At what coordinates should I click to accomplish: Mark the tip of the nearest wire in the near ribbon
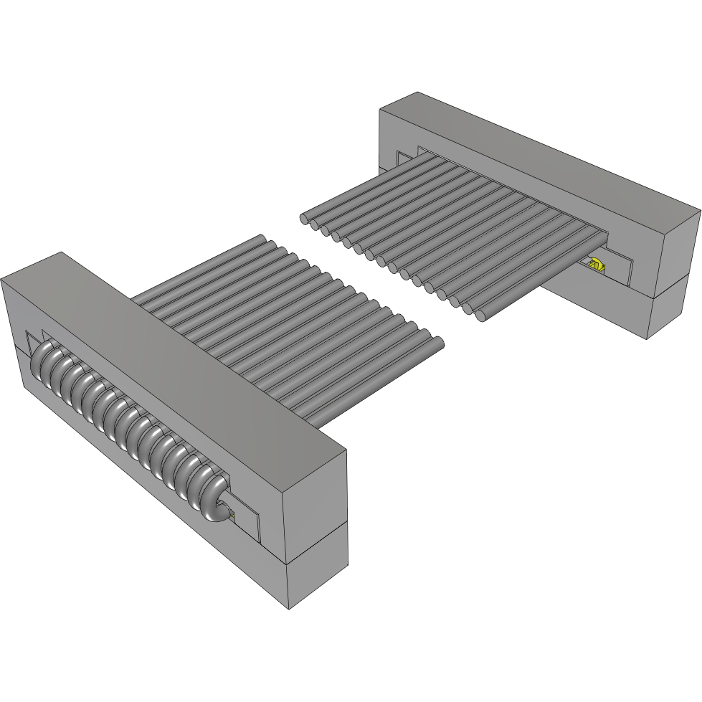435,343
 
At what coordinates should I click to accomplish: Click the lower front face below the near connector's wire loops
143,495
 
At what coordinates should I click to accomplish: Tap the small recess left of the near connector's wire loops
32,342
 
